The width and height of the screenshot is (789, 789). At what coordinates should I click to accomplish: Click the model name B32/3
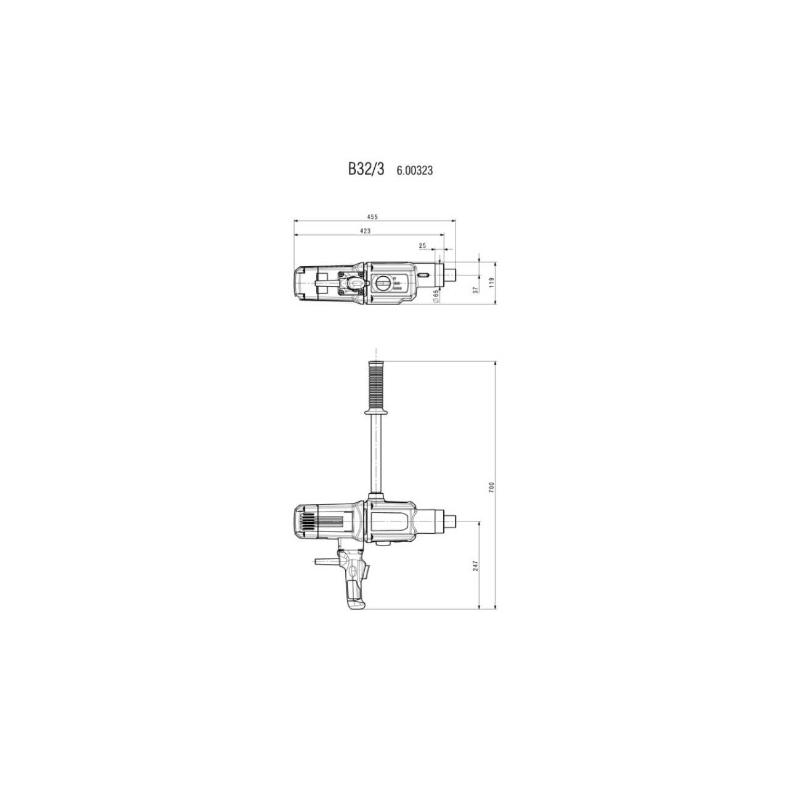pyautogui.click(x=366, y=170)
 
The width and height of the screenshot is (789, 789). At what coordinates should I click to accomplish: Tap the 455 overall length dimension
pyautogui.click(x=372, y=217)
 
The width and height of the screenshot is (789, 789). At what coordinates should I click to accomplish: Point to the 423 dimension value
pyautogui.click(x=365, y=231)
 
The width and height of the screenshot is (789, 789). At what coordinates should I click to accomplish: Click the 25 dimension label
pyautogui.click(x=422, y=245)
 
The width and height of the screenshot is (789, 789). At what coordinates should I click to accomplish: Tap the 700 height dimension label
pyautogui.click(x=491, y=487)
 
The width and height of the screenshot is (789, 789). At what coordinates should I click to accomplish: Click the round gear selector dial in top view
pyautogui.click(x=382, y=284)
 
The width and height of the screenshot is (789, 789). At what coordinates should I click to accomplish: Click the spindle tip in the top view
pyautogui.click(x=450, y=274)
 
